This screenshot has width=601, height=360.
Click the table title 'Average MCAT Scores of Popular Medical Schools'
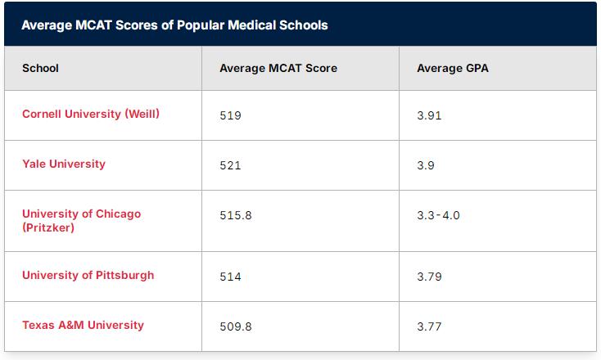click(x=174, y=25)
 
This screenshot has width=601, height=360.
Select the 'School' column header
click(x=40, y=68)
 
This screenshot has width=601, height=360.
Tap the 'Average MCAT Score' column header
click(x=278, y=68)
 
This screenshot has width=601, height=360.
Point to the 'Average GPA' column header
click(x=453, y=68)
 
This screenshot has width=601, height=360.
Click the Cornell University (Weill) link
click(x=91, y=114)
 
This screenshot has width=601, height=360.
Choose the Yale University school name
click(x=64, y=164)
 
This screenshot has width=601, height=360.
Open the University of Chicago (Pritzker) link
click(x=82, y=221)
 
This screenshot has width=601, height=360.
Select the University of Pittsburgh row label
click(x=88, y=275)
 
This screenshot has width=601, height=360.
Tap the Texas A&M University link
click(x=84, y=325)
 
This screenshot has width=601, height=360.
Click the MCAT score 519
click(x=230, y=115)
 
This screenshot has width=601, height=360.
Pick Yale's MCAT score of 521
click(x=230, y=165)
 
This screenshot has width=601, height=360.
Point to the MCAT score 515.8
click(x=236, y=215)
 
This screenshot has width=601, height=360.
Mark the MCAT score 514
click(x=230, y=277)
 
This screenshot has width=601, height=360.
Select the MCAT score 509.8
click(x=236, y=326)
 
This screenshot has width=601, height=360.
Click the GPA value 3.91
click(x=429, y=115)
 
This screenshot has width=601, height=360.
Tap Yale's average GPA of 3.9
click(x=426, y=165)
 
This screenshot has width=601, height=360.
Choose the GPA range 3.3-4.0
click(x=439, y=215)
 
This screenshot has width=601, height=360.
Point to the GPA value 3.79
click(x=429, y=277)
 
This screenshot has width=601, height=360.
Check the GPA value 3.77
click(x=429, y=326)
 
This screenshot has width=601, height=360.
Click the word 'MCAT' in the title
click(x=93, y=25)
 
